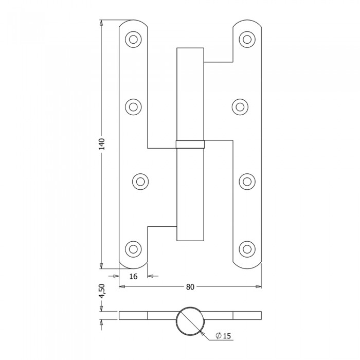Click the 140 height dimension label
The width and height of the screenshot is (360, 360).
101,144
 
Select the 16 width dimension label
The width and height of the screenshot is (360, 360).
133,276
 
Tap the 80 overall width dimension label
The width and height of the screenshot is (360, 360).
190,287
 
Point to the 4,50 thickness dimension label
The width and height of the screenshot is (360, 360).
101,291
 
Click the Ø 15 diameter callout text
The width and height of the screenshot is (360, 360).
223,336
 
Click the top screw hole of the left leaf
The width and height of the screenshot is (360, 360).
133,40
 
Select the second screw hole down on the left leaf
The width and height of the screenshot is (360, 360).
133,107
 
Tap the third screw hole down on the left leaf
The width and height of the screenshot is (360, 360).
140,182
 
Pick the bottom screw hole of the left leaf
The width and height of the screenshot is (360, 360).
133,249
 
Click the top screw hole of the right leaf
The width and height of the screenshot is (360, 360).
247,40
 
